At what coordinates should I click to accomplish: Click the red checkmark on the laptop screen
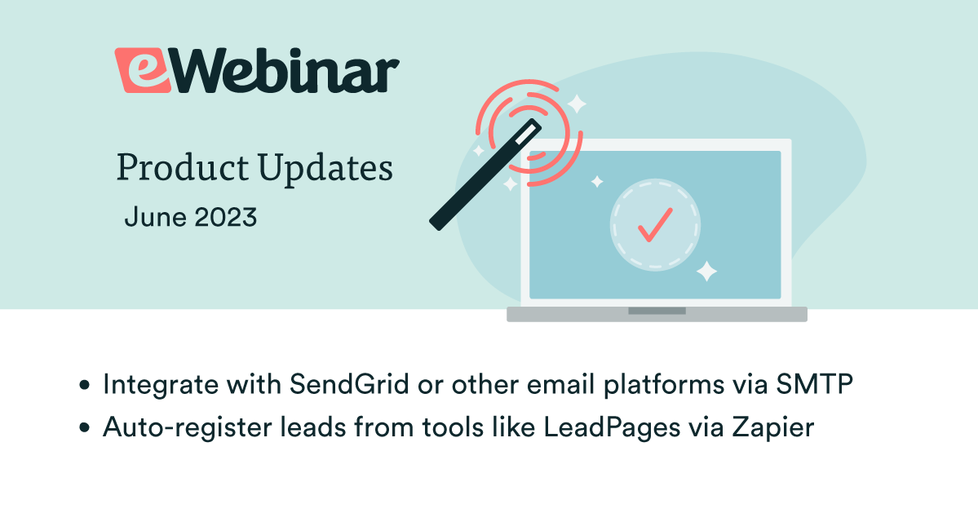pyautogui.click(x=654, y=224)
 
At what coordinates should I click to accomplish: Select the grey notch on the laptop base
pyautogui.click(x=656, y=311)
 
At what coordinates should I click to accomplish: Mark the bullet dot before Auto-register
pyautogui.click(x=84, y=428)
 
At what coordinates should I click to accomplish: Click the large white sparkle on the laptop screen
pyautogui.click(x=706, y=272)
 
